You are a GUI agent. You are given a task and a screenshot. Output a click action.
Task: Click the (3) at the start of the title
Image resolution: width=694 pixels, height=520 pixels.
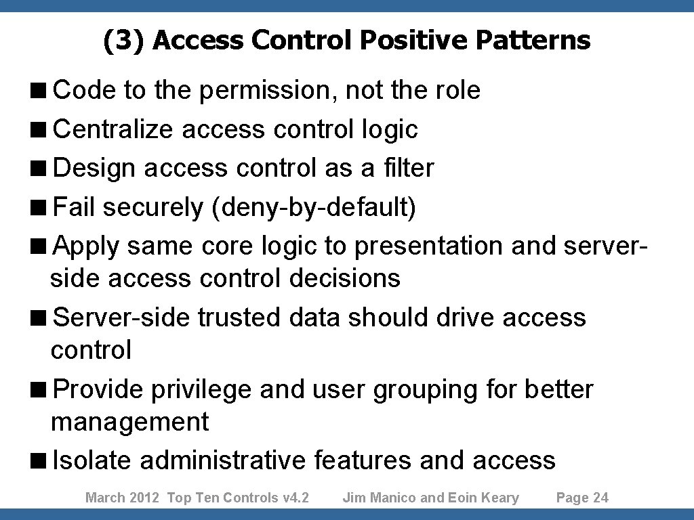(124, 41)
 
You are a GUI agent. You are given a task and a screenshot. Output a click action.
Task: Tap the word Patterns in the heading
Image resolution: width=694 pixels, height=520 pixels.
(533, 41)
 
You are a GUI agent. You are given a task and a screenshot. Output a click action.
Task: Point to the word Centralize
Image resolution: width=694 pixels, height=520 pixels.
(113, 129)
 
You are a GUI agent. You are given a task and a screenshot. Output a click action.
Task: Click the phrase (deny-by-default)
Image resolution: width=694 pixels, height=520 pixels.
(314, 207)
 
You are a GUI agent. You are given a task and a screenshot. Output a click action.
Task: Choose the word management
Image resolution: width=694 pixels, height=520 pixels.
(130, 422)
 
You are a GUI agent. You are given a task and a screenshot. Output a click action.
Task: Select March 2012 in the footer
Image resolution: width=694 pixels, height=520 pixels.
(122, 498)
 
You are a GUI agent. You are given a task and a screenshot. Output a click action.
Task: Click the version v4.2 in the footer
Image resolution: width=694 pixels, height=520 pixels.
(295, 498)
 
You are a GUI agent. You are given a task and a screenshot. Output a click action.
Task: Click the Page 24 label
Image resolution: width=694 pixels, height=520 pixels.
(582, 498)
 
